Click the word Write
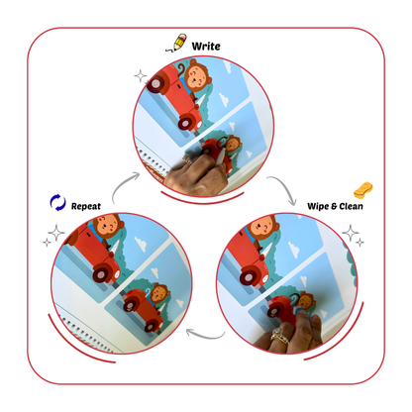coord(207,46)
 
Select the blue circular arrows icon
coord(57,203)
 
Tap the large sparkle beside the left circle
coord(54,236)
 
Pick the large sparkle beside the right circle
coord(351,236)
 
